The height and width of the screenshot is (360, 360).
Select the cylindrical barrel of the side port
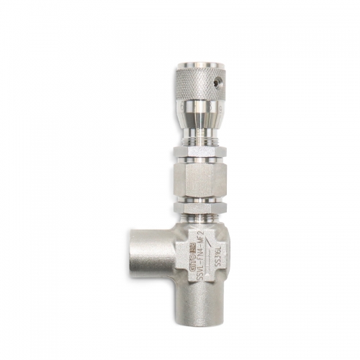[x=155, y=248]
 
